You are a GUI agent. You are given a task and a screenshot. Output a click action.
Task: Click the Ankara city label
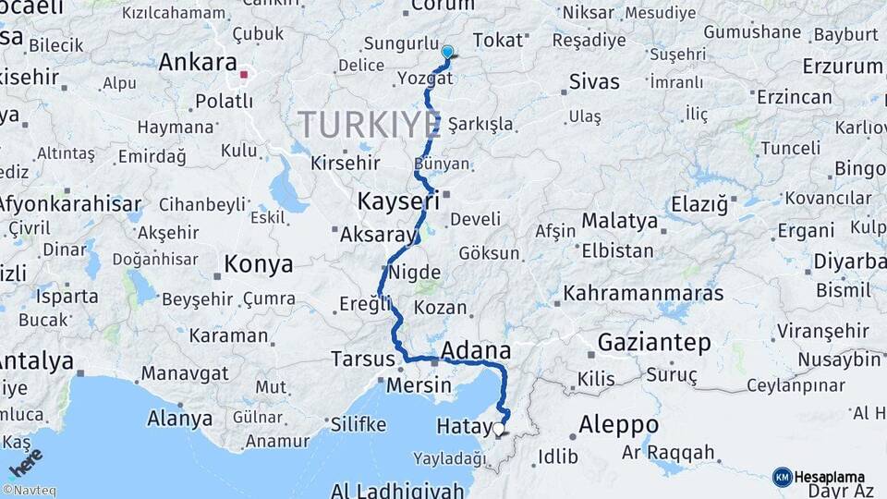pos(198,63)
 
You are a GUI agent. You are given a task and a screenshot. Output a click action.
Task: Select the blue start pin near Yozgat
pos(447,53)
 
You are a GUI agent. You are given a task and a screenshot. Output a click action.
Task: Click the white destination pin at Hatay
pos(499,429)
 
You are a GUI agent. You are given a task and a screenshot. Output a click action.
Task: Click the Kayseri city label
pos(397,201)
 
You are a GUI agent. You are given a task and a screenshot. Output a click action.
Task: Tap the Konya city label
pos(259,265)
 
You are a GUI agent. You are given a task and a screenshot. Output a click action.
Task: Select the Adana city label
pos(476,351)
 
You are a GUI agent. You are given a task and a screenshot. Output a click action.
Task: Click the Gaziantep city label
pos(654,343)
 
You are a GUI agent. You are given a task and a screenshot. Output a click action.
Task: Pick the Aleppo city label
pos(618,425)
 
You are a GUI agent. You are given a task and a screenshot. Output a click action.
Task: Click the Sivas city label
pos(594,80)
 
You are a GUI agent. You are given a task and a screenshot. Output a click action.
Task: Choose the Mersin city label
pos(419,384)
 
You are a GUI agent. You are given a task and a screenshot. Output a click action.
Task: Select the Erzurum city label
pos(843,67)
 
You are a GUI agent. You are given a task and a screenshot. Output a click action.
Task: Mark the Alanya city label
pos(179,419)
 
